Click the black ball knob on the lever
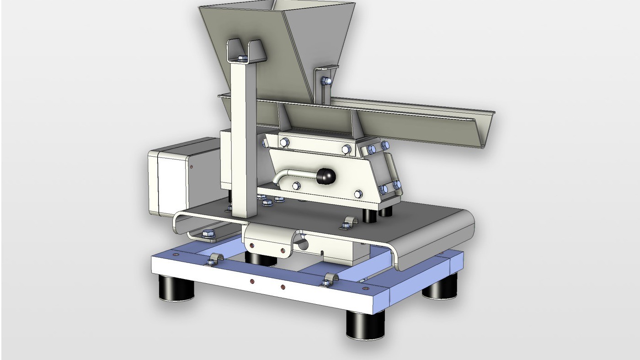(x=326, y=175)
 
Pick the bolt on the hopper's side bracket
(x=325, y=81)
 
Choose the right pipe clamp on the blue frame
(x=331, y=279)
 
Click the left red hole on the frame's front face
(x=252, y=282)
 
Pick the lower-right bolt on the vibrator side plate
(x=358, y=194)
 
